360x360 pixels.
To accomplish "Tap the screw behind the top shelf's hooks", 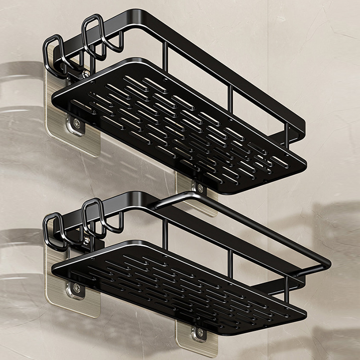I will click(x=85, y=74).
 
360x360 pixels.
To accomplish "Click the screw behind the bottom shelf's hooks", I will click(x=86, y=239).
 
